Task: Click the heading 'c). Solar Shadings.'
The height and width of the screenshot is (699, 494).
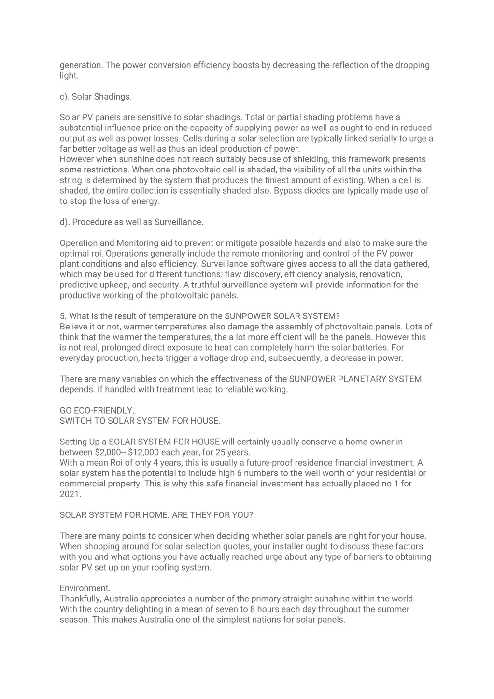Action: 96,97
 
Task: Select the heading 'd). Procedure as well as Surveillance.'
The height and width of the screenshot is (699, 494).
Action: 131,222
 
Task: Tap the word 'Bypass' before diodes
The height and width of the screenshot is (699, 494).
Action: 289,191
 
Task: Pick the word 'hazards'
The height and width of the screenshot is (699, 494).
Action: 310,243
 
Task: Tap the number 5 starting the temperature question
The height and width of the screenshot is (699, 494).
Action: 62,316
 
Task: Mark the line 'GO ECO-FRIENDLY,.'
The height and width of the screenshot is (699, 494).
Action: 98,411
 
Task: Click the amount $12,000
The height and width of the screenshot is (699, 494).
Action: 145,453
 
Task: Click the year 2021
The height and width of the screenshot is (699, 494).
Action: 71,494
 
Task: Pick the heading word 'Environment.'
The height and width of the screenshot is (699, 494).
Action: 85,588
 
